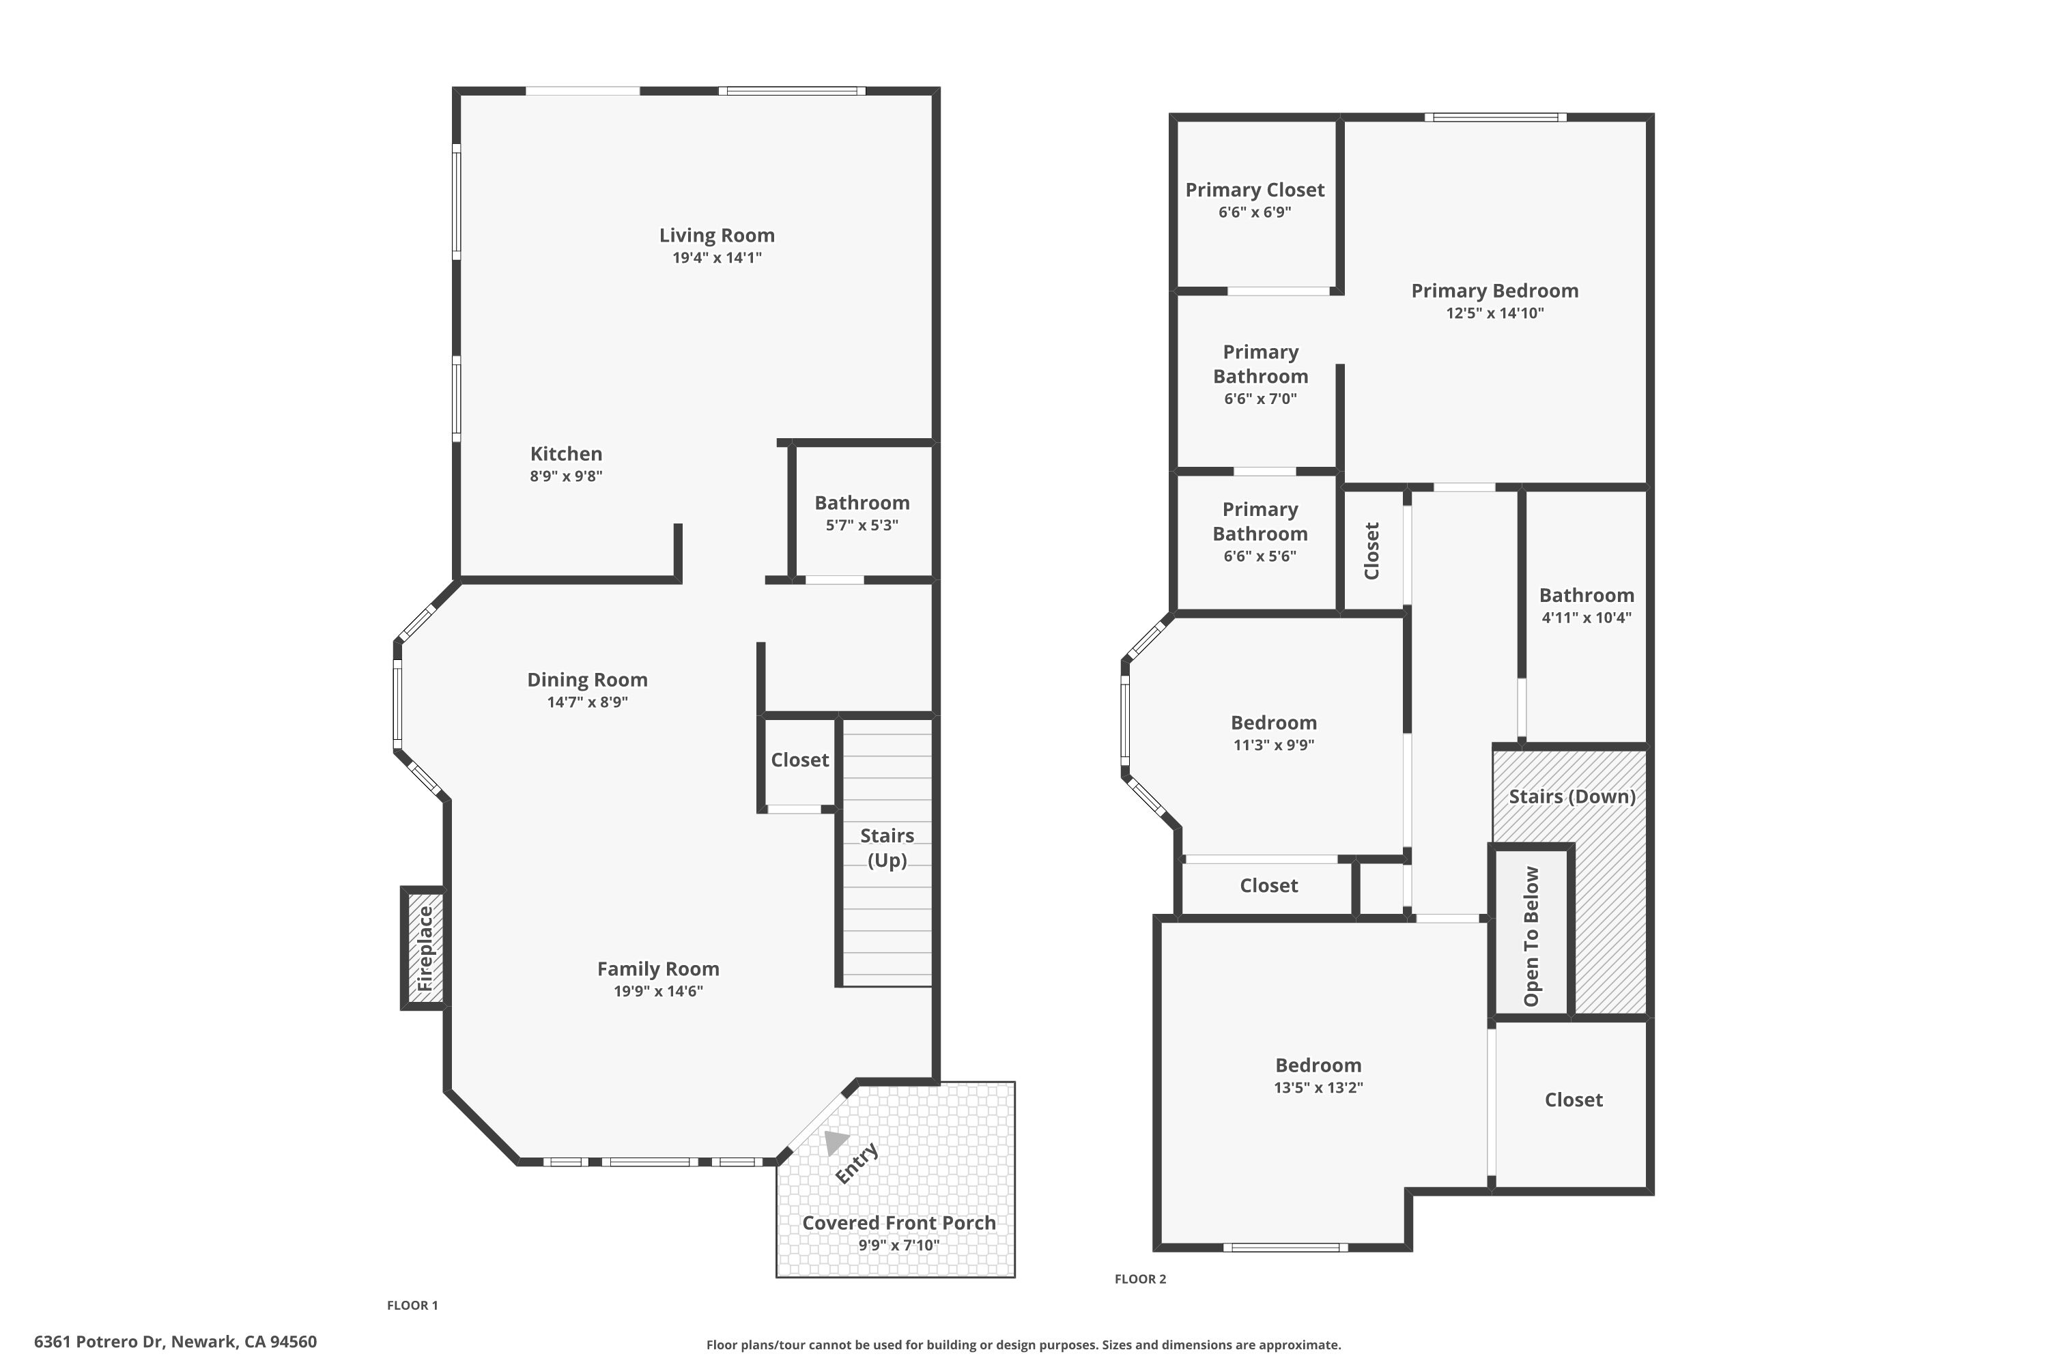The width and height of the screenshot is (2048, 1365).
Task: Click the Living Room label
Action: point(716,236)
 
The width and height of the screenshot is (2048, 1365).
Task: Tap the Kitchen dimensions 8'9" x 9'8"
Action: point(566,477)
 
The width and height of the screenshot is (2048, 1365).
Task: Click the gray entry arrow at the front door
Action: point(835,1141)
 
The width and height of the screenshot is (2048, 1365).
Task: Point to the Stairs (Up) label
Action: point(887,847)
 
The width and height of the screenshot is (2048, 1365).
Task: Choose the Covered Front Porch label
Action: point(898,1223)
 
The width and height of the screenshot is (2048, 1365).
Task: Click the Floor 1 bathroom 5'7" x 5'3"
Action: point(861,513)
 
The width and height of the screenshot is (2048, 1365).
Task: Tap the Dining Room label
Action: point(587,680)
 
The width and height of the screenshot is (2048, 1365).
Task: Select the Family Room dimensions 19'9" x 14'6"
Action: point(658,992)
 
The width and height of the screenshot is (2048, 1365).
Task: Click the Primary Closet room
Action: point(1255,200)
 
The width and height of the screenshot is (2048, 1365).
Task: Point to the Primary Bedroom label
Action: point(1494,291)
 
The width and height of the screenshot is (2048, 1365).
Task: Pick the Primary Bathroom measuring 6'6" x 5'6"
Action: point(1259,533)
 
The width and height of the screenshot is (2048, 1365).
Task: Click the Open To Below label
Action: point(1531,935)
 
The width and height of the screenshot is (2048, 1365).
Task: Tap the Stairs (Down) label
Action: point(1571,797)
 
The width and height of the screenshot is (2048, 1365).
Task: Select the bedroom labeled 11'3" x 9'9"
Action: point(1273,733)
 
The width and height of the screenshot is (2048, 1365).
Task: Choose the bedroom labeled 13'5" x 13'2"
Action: point(1318,1075)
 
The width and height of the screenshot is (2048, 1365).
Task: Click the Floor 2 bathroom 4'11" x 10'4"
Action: point(1586,605)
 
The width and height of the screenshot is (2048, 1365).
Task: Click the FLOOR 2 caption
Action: point(1140,1279)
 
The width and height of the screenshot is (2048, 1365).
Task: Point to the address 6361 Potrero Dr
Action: point(175,1342)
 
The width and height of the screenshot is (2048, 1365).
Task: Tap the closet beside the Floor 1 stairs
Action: point(799,760)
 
